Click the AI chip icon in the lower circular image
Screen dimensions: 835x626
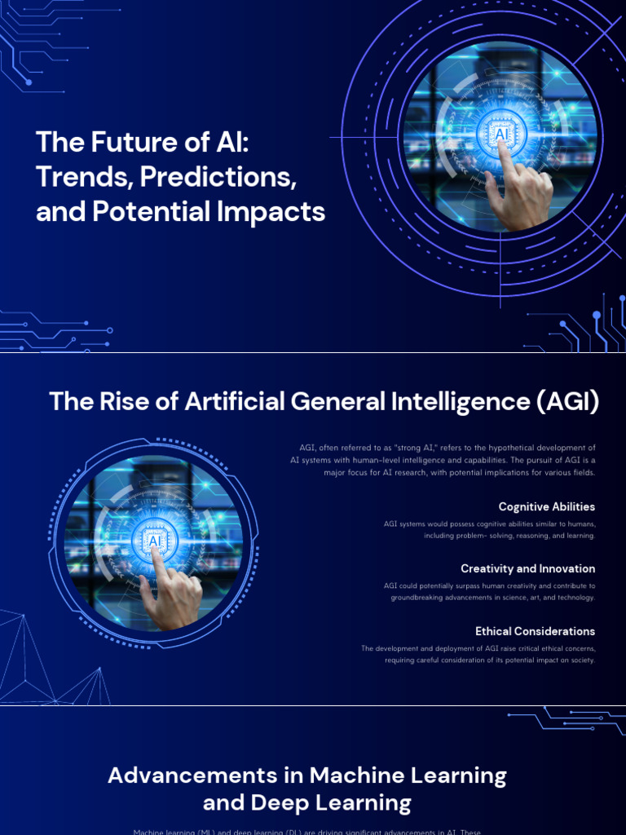152,540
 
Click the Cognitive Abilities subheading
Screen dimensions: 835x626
547,507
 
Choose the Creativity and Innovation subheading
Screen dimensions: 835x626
527,569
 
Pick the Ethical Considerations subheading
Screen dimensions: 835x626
535,631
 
